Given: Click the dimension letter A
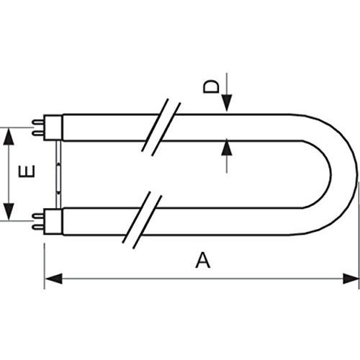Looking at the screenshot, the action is click(203, 260).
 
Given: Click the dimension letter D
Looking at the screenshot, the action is click(211, 86).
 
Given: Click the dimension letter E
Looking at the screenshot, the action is click(27, 171).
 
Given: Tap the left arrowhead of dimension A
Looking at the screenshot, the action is click(53, 279).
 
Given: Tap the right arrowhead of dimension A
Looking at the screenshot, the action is click(351, 279).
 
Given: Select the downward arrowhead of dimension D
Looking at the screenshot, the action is click(227, 103).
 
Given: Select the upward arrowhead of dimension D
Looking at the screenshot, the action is click(227, 148).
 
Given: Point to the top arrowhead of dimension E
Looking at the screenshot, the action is click(9, 137).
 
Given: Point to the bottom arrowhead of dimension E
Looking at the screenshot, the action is click(9, 212).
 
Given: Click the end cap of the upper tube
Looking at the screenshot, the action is click(53, 127).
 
